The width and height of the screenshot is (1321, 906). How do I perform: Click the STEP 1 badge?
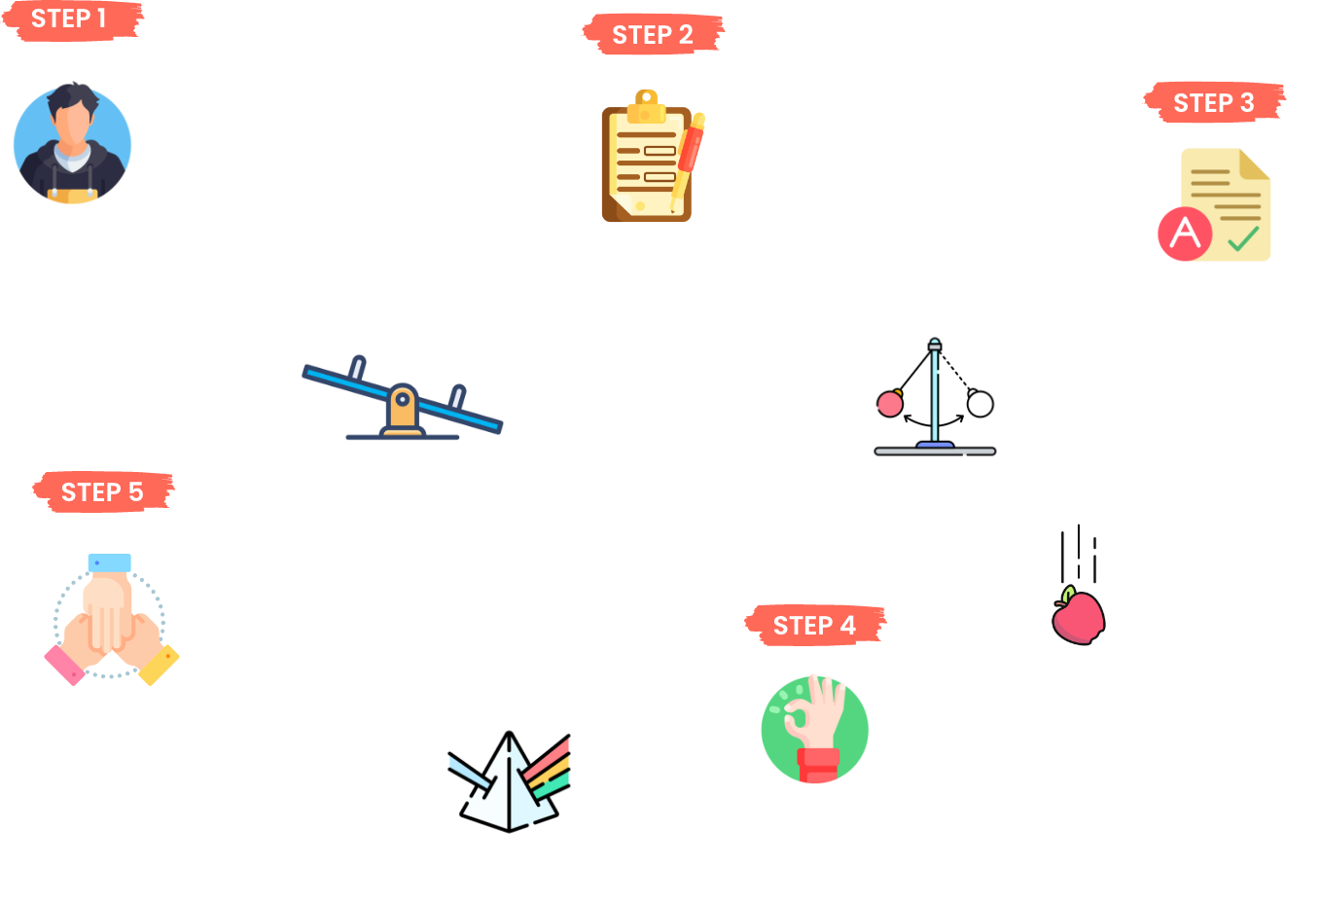pos(69,19)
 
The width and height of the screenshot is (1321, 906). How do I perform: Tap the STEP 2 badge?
pos(653,35)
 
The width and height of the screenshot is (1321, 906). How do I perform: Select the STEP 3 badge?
pos(1214,103)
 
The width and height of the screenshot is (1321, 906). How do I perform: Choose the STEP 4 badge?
pos(814,626)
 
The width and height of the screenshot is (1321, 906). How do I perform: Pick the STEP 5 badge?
pos(102,492)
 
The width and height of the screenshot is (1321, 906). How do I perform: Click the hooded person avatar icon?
pos(72,144)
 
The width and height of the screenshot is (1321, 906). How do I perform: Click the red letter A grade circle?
pos(1185,234)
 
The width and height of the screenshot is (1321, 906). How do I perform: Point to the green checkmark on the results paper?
pos(1242,238)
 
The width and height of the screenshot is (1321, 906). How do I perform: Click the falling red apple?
pos(1078,615)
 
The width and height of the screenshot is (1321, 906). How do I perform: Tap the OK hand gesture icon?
pos(815,730)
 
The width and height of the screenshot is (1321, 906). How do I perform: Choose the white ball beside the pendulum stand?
pos(980,403)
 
